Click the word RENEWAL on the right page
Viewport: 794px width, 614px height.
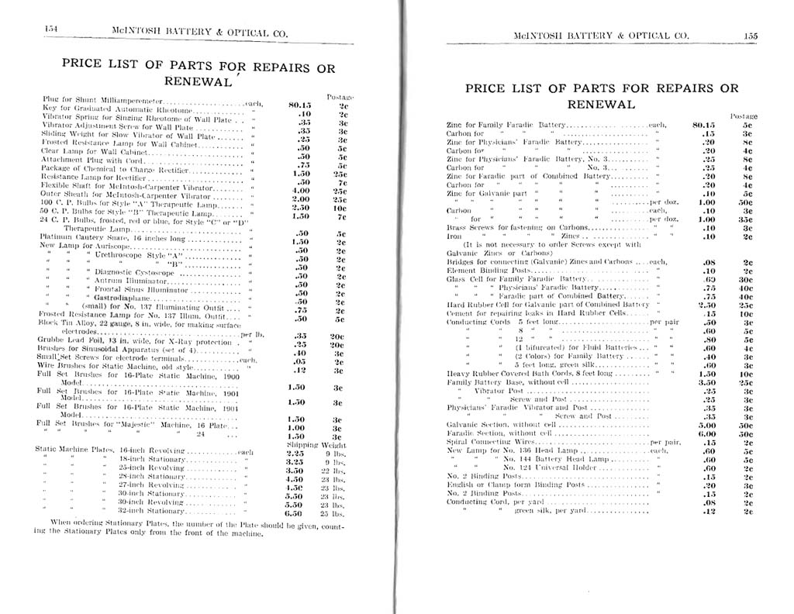pyautogui.click(x=600, y=104)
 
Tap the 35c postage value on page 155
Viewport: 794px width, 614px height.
pyautogui.click(x=747, y=219)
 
